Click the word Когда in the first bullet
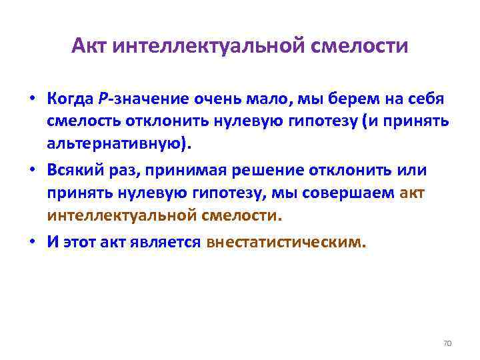(70, 100)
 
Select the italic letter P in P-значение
(103, 100)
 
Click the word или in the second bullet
(413, 170)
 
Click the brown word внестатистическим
(286, 241)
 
